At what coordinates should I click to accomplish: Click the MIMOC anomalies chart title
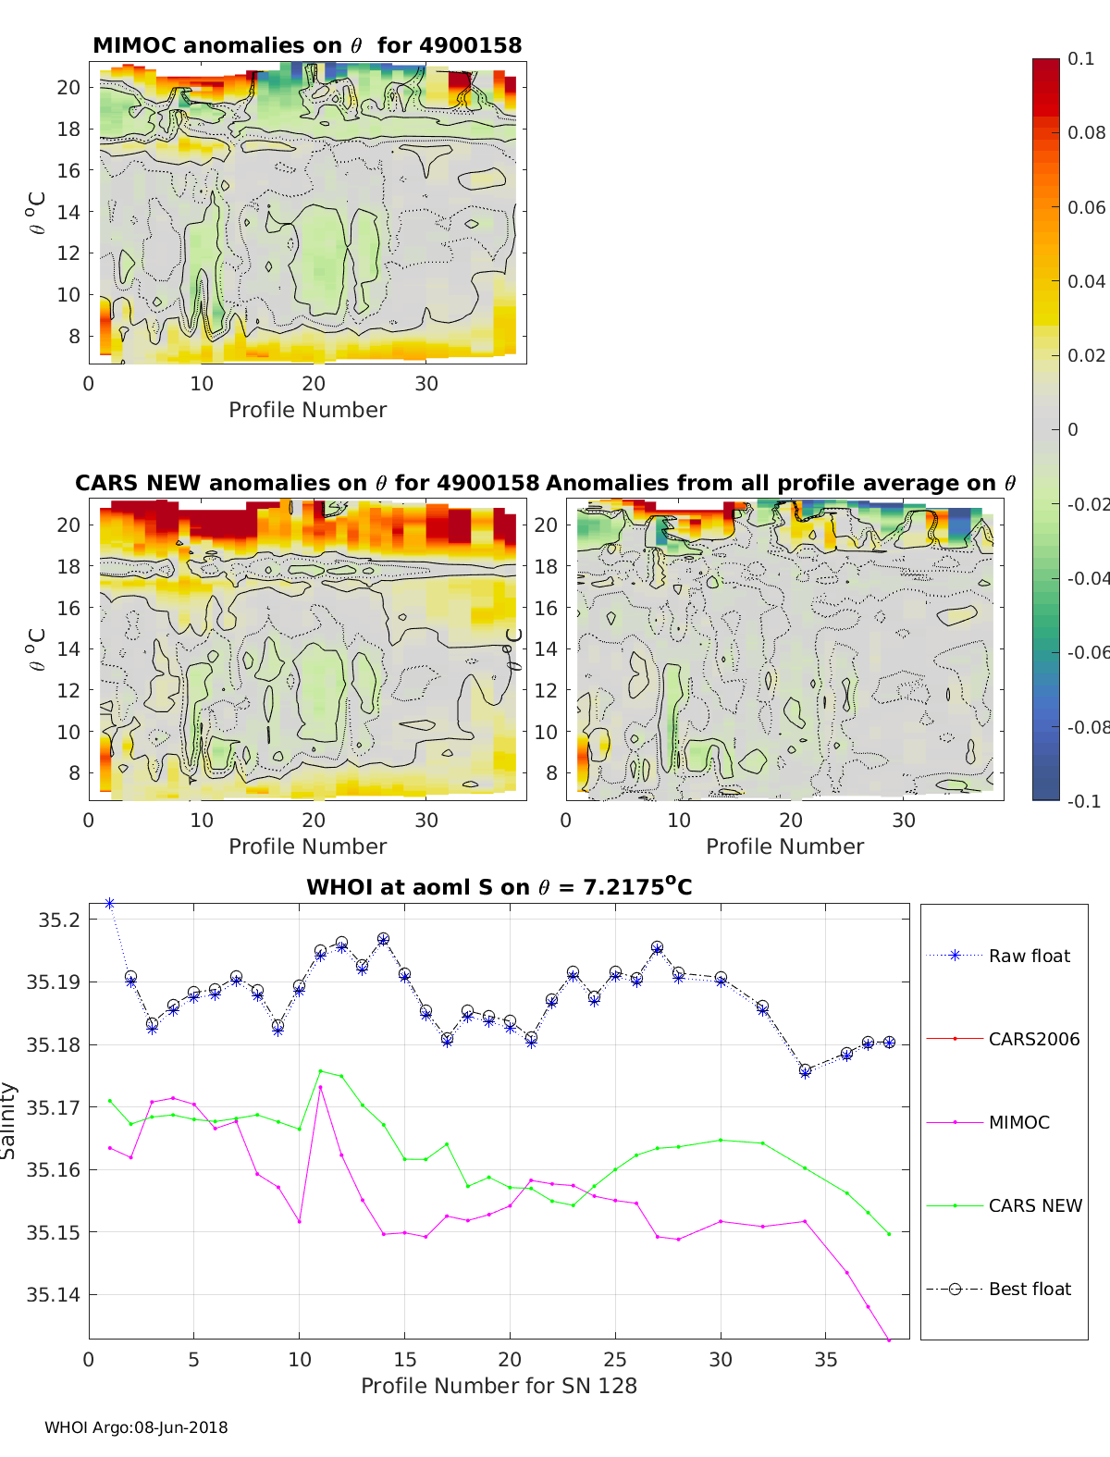pyautogui.click(x=307, y=45)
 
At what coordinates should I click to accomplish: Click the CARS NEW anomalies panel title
pyautogui.click(x=307, y=483)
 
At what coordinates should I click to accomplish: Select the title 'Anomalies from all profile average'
pyautogui.click(x=781, y=483)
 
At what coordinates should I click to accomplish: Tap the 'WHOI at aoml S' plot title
pyautogui.click(x=499, y=887)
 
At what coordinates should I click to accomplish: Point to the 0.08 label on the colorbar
pyautogui.click(x=1086, y=132)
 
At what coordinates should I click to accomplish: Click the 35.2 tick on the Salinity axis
pyautogui.click(x=59, y=920)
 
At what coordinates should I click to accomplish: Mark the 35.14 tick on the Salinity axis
pyautogui.click(x=55, y=1295)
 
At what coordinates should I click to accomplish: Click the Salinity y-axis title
pyautogui.click(x=9, y=1120)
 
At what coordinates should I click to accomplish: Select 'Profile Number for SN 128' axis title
pyautogui.click(x=499, y=1386)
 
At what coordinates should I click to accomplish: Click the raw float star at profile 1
pyautogui.click(x=110, y=903)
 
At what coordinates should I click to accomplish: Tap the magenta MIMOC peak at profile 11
pyautogui.click(x=320, y=1087)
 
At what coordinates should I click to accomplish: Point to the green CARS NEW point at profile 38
pyautogui.click(x=889, y=1233)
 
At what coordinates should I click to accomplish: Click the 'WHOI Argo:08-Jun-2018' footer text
pyautogui.click(x=136, y=1427)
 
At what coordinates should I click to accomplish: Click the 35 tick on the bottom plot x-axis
pyautogui.click(x=826, y=1360)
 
